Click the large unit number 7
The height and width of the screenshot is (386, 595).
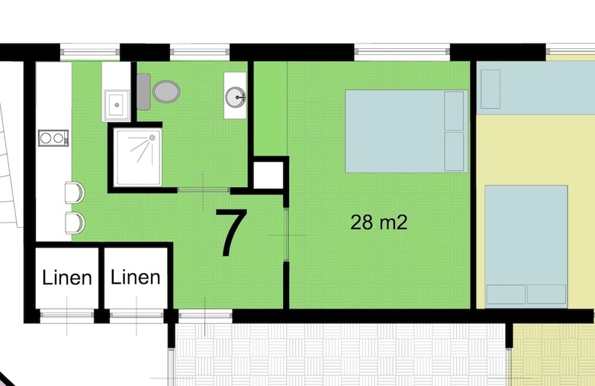[231, 232]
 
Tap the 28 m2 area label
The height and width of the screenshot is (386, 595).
[378, 222]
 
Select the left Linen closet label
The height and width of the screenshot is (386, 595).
[67, 277]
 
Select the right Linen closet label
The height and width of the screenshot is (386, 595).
[135, 277]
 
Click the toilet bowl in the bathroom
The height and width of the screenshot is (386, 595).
[166, 92]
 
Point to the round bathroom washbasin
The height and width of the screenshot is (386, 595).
[235, 97]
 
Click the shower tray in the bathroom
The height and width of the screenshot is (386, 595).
[138, 157]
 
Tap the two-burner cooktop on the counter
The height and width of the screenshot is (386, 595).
[53, 138]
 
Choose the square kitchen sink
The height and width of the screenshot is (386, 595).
[117, 105]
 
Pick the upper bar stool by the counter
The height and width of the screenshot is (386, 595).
[75, 193]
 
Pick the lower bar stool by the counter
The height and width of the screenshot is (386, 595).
[75, 223]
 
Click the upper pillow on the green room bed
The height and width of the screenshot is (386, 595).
[454, 111]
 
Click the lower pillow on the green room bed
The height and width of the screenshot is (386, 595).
[454, 151]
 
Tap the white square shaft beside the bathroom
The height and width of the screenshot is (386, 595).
[269, 175]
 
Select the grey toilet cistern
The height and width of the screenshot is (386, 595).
[143, 92]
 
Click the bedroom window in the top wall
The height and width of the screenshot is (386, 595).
[402, 52]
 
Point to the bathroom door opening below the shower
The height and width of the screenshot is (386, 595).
[204, 190]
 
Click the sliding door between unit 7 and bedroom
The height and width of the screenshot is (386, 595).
[287, 235]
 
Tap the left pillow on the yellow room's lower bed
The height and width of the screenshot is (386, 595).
[507, 294]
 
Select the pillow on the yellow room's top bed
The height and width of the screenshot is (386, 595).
[490, 89]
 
